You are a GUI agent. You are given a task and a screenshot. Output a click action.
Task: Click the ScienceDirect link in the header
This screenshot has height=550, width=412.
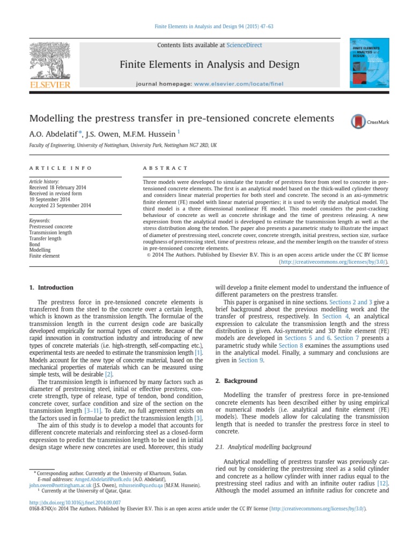point(244,46)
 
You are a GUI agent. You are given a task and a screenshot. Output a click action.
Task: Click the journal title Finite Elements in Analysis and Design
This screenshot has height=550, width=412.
point(209,65)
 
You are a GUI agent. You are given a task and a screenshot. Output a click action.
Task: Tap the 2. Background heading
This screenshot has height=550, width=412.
point(236,381)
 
